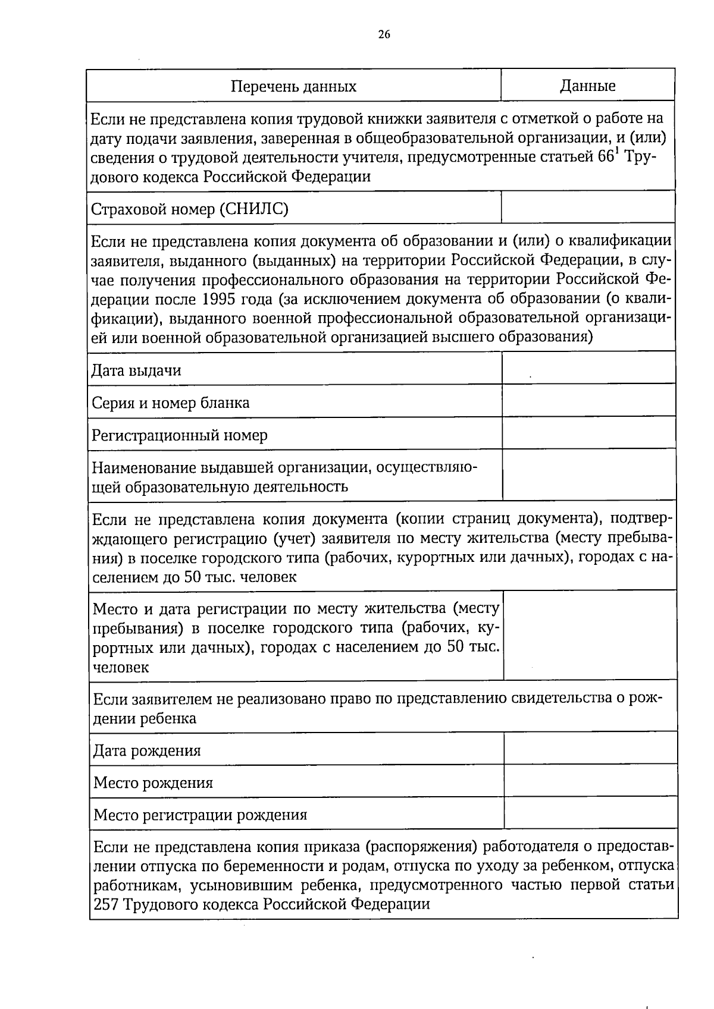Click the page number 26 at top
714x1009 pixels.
(x=384, y=34)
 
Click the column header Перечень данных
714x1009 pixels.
(x=293, y=87)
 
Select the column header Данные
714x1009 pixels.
(x=587, y=86)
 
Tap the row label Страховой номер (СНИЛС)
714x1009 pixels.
(x=190, y=209)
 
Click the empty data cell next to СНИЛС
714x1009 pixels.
(x=588, y=208)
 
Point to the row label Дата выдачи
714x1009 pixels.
(x=136, y=370)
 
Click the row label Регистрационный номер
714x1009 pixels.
(x=179, y=435)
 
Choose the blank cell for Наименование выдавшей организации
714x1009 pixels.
(x=589, y=474)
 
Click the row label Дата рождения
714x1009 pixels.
(x=147, y=750)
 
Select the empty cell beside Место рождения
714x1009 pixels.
(x=590, y=780)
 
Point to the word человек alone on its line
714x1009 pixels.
(x=121, y=667)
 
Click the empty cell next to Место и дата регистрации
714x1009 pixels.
(x=590, y=635)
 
